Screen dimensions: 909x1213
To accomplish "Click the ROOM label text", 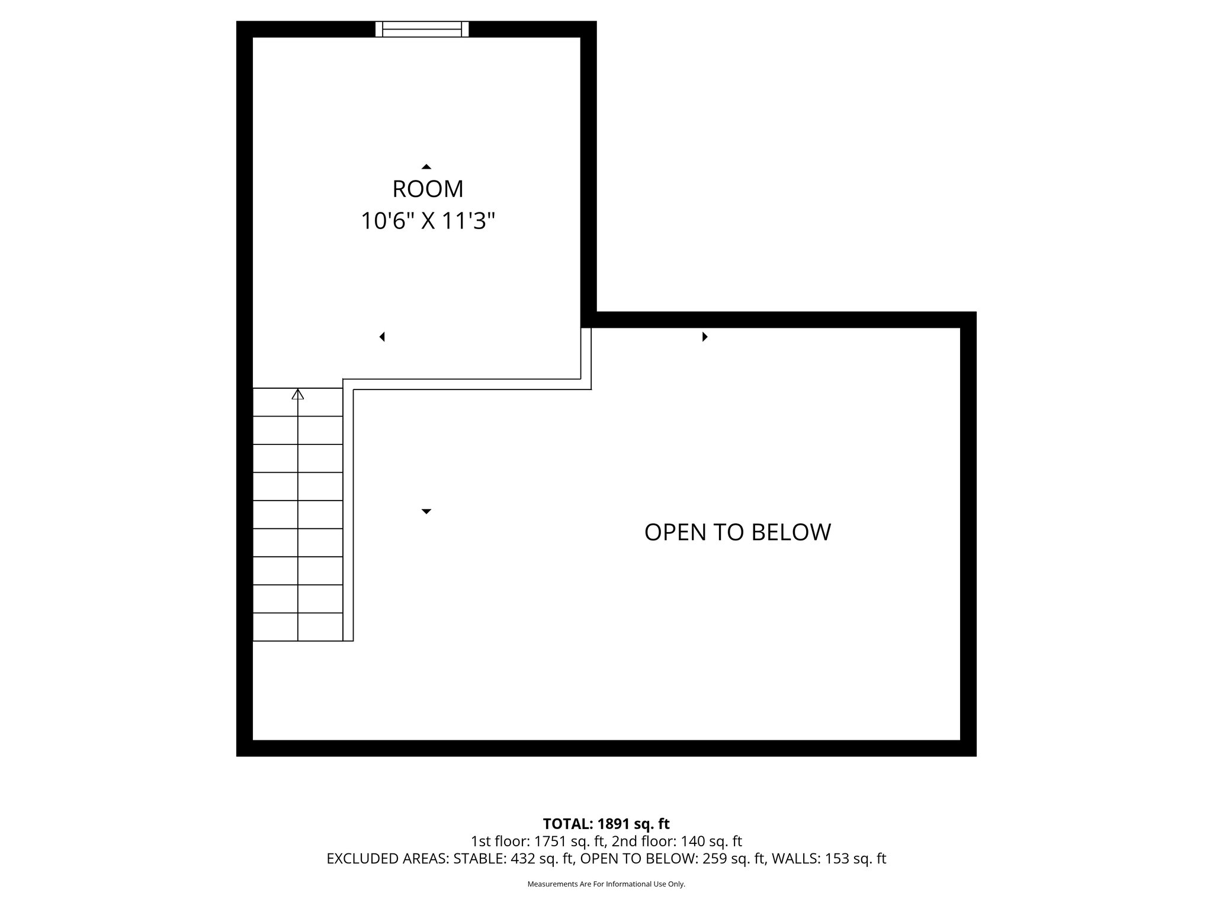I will pos(428,189).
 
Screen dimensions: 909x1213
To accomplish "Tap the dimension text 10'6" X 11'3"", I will pos(428,222).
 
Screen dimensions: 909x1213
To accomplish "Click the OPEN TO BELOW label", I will pos(737,532).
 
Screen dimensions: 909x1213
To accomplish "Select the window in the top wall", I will pos(422,29).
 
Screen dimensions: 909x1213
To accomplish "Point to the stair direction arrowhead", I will pos(298,394).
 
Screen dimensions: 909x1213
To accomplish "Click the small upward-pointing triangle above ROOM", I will pos(426,167).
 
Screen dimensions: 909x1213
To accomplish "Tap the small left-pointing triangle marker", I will pos(383,337).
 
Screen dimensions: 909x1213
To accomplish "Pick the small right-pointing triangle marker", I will pos(705,337).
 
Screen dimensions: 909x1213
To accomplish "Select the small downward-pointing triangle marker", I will pos(426,511).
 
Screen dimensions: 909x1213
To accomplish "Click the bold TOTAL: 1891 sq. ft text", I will pos(606,823).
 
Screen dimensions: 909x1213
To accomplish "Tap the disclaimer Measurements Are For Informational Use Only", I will pos(606,884).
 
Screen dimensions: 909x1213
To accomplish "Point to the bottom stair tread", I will pos(298,627).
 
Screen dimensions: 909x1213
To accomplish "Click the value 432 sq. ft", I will pos(541,859).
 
